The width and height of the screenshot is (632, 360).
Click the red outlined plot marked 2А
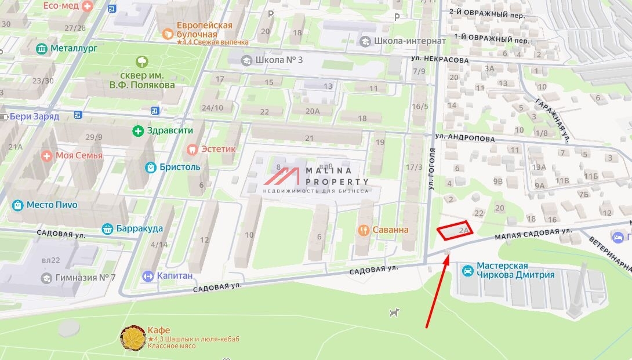pyautogui.click(x=455, y=231)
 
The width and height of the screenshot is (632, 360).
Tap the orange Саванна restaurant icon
pyautogui.click(x=364, y=230)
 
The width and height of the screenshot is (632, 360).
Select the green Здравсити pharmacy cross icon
pyautogui.click(x=138, y=130)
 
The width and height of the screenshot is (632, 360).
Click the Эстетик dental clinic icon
pyautogui.click(x=192, y=149)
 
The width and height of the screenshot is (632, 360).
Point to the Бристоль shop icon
pyautogui.click(x=151, y=167)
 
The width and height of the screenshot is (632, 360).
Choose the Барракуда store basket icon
pyautogui.click(x=107, y=228)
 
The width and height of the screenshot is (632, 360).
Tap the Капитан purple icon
pyautogui.click(x=148, y=275)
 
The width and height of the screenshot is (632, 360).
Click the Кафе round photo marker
pyautogui.click(x=133, y=338)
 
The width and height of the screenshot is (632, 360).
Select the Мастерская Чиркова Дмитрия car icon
pyautogui.click(x=467, y=270)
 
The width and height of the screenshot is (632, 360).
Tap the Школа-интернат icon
pyautogui.click(x=365, y=41)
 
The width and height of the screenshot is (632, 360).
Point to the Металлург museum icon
pyautogui.click(x=42, y=49)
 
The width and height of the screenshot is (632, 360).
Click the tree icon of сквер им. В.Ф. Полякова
pyautogui.click(x=141, y=61)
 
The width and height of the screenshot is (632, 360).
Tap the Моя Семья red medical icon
pyautogui.click(x=46, y=155)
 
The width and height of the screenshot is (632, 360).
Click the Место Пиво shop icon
pyautogui.click(x=17, y=205)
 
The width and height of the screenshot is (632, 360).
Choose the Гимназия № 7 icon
pyautogui.click(x=46, y=278)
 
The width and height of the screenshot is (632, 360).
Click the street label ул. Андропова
pyautogui.click(x=464, y=139)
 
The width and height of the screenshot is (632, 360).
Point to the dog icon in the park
pyautogui.click(x=395, y=313)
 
